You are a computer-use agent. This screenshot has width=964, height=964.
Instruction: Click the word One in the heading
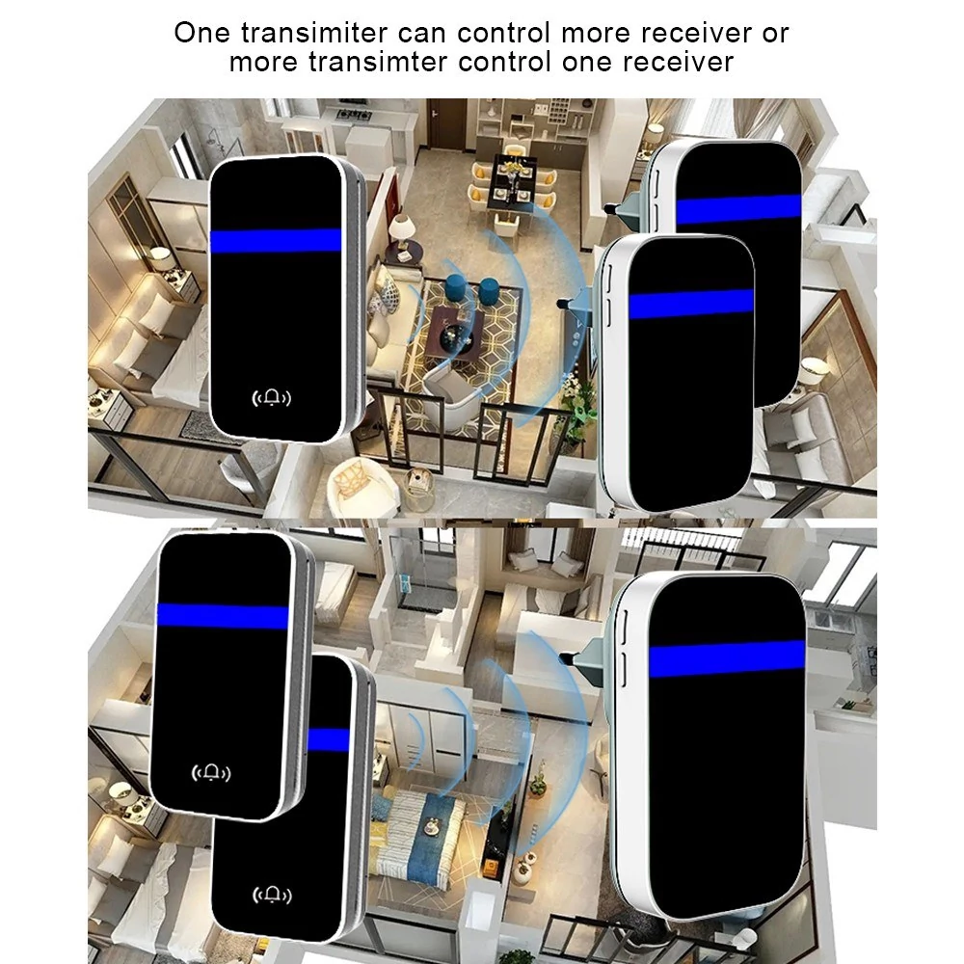201,33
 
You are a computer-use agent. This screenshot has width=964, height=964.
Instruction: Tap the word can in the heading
422,34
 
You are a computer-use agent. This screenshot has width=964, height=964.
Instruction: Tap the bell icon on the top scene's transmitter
272,398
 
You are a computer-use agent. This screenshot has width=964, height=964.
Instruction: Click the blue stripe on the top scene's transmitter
276,240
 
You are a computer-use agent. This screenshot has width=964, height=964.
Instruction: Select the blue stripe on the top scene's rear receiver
738,208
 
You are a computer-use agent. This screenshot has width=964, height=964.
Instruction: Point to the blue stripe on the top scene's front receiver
691,304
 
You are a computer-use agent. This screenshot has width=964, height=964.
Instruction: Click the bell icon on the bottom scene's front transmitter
211,773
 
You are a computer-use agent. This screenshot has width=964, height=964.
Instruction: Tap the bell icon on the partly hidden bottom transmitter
272,896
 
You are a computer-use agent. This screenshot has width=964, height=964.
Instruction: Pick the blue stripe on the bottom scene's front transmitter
223,616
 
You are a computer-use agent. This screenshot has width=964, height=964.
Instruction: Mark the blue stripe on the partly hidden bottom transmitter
329,739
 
